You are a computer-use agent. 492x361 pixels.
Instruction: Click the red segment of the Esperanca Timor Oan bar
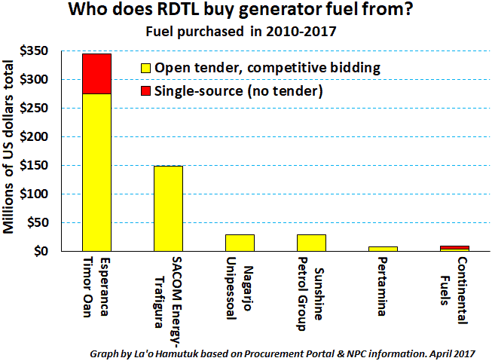coord(96,73)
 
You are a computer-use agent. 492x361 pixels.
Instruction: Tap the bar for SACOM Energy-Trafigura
coord(168,208)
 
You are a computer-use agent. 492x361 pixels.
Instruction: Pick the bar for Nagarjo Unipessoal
coord(240,243)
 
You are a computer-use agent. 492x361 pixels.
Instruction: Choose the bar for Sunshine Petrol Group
coord(311,243)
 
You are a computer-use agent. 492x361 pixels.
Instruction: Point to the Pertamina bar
coord(383,248)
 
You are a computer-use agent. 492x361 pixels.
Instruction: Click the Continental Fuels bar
coord(454,248)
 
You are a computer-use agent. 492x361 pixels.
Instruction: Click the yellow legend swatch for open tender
coord(146,69)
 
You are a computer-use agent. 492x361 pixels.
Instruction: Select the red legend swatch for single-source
coord(146,91)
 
